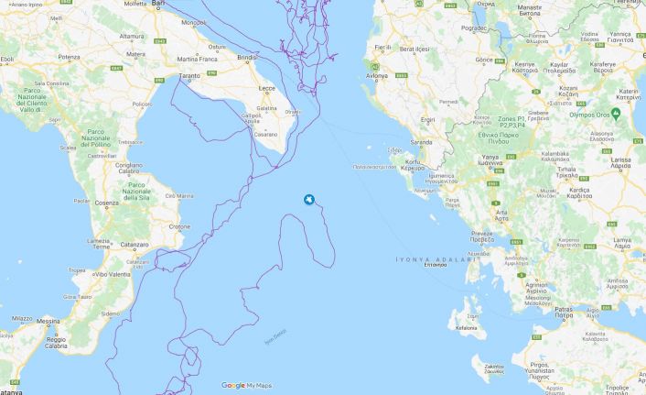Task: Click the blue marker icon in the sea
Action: [309, 200]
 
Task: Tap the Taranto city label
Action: [189, 76]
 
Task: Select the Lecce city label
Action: [267, 88]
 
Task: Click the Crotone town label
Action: [179, 226]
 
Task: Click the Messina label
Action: [48, 322]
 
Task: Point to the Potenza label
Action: [69, 57]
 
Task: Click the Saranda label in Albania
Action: [421, 143]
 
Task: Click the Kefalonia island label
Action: [465, 327]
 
